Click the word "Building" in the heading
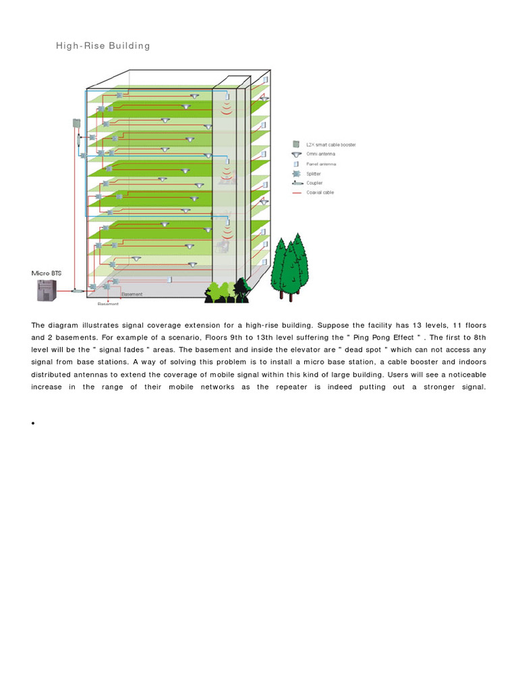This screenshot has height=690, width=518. tap(128, 46)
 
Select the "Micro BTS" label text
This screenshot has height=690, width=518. tap(47, 273)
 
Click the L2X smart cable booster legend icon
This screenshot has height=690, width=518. tap(295, 144)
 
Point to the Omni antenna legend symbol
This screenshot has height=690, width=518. tap(295, 154)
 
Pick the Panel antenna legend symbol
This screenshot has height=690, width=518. tap(295, 164)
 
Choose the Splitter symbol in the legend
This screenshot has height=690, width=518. tap(295, 173)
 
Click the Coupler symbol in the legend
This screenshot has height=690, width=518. tap(296, 183)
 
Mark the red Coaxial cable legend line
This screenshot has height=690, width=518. tap(296, 193)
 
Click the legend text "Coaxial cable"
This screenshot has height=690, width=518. tap(320, 193)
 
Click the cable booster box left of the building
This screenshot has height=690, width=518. tap(76, 123)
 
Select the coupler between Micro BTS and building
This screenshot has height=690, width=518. tap(77, 290)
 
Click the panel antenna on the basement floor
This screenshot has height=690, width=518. tap(170, 279)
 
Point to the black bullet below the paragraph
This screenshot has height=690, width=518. tap(32, 423)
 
